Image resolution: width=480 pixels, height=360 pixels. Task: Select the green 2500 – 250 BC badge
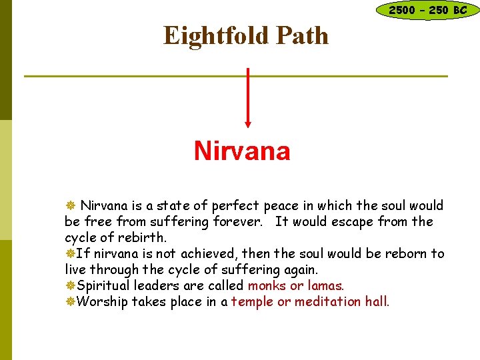(427, 10)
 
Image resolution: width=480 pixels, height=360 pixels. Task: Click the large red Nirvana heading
(242, 151)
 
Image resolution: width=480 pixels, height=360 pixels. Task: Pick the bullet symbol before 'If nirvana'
(69, 253)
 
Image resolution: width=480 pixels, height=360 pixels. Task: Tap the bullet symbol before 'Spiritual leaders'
(69, 285)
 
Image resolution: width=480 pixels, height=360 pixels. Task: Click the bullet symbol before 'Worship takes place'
(69, 301)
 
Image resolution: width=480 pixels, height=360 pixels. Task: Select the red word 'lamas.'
(326, 285)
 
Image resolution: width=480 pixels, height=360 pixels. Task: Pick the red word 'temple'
(252, 301)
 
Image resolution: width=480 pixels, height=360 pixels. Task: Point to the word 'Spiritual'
(103, 285)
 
